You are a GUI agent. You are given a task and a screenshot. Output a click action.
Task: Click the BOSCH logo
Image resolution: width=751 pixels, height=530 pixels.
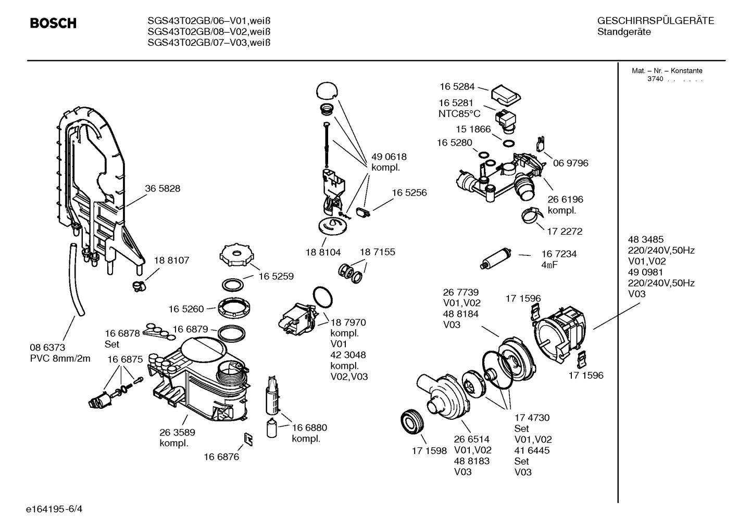click(x=53, y=23)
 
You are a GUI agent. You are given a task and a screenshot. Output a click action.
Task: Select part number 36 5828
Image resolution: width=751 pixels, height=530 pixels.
click(x=162, y=189)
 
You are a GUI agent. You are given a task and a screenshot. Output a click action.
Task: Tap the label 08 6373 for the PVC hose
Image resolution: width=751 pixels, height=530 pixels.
click(x=47, y=347)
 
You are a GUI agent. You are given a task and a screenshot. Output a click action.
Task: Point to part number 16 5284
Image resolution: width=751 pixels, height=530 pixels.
click(x=457, y=87)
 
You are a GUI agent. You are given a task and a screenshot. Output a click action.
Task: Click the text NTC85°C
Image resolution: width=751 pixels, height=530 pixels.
click(x=459, y=114)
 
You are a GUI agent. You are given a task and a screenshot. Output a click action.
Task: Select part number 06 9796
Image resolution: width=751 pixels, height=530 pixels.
click(x=570, y=163)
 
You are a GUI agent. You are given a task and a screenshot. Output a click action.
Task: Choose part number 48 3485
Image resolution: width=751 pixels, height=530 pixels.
click(x=646, y=240)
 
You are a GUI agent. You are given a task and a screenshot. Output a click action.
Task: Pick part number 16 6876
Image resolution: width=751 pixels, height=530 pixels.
click(x=221, y=457)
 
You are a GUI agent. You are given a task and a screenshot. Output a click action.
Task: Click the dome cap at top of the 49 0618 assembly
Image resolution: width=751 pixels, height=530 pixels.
click(x=326, y=90)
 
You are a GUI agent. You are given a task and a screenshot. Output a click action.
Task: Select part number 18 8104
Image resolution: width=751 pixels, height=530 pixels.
click(x=323, y=252)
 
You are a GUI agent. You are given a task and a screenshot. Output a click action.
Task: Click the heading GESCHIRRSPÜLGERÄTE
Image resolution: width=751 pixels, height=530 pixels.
click(x=655, y=21)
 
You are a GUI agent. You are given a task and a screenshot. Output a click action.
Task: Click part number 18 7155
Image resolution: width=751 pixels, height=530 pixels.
click(x=377, y=252)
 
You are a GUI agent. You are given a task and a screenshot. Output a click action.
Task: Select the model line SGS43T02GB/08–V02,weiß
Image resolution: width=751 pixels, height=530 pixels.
click(x=209, y=32)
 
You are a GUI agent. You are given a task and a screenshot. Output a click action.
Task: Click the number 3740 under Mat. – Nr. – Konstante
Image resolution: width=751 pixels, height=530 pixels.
click(x=655, y=79)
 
